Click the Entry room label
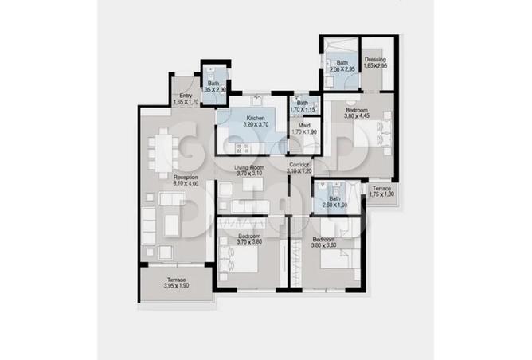184,96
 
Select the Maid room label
304,124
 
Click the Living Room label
249,168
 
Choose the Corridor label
300,164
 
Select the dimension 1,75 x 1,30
381,194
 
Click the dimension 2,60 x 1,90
334,205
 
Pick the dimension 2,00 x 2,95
342,68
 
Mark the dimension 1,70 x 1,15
303,109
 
